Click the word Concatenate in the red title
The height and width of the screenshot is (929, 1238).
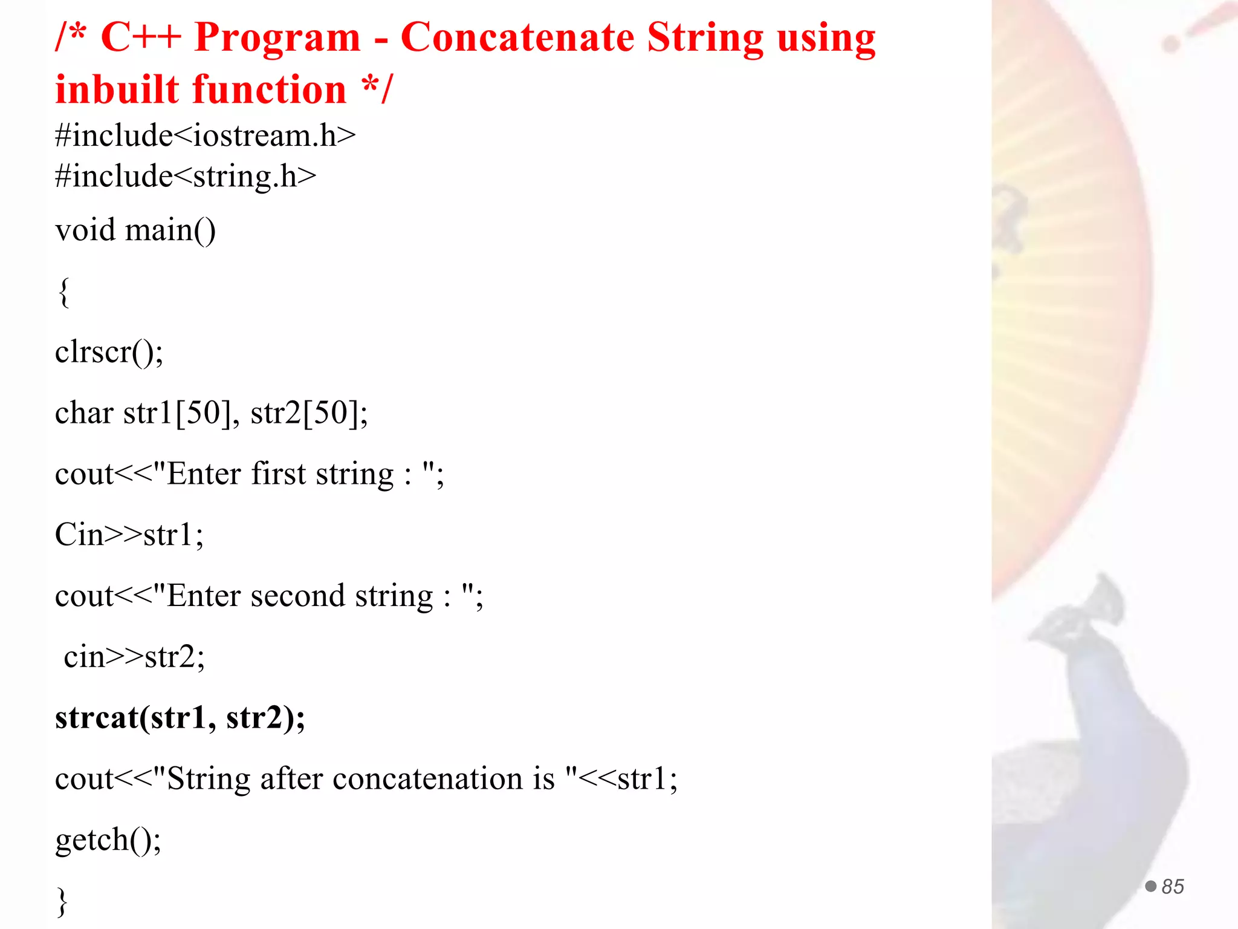point(517,37)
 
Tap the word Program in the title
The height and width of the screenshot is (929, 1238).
point(277,37)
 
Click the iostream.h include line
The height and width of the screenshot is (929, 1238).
point(206,135)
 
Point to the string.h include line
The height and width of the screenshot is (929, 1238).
point(186,176)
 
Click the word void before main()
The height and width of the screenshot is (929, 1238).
point(85,230)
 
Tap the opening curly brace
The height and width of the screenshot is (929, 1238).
point(63,292)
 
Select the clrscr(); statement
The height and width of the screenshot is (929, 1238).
point(109,352)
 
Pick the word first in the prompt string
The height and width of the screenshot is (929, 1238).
point(279,474)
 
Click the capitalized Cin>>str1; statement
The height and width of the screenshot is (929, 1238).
point(129,535)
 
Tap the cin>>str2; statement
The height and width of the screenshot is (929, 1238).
point(134,657)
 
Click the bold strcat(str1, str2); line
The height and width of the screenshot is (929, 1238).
point(180,718)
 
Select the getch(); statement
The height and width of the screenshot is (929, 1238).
point(108,839)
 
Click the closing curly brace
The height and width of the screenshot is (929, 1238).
point(62,901)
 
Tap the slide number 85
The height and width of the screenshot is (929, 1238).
point(1172,887)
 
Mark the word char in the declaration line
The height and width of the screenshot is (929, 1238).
point(84,413)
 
